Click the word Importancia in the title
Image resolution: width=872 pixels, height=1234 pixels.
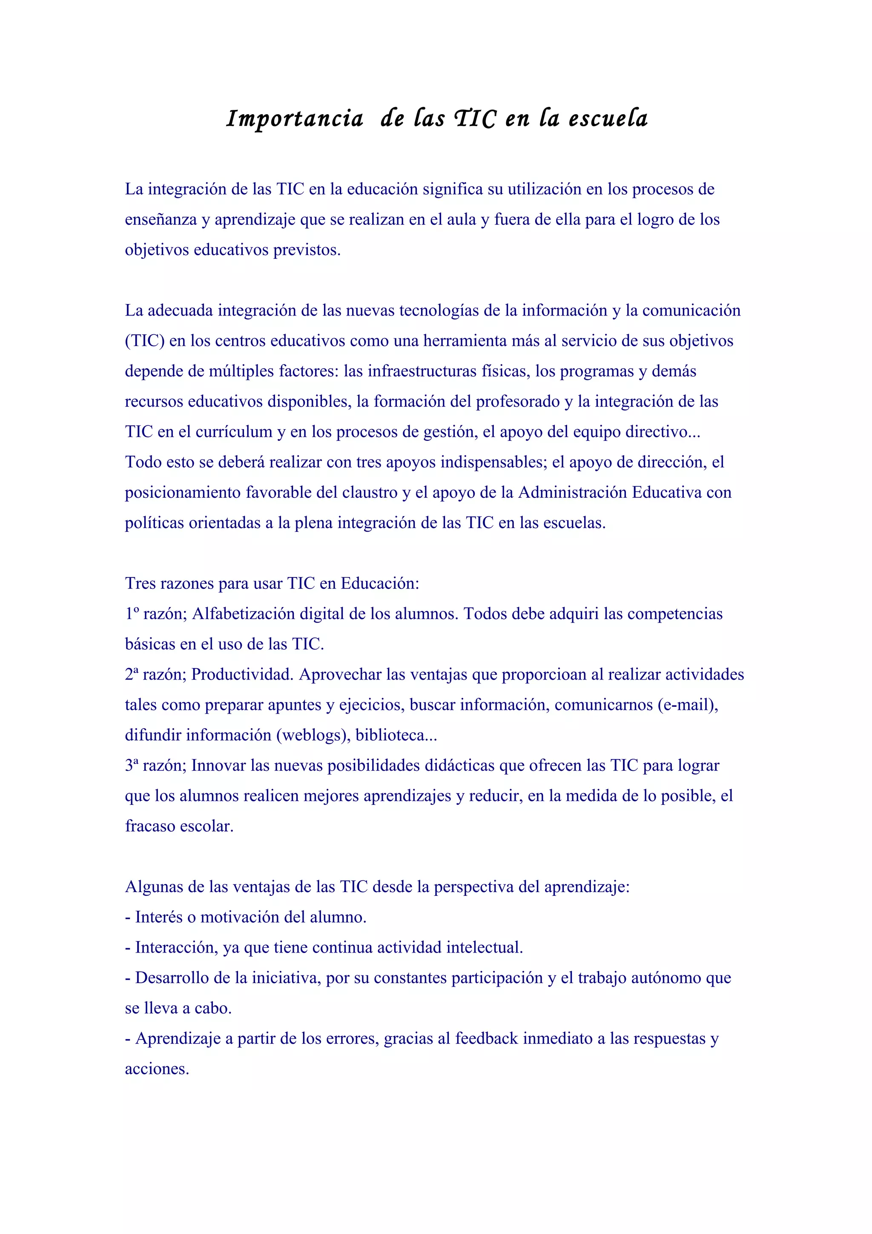click(294, 119)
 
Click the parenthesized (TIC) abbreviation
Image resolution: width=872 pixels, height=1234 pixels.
click(144, 341)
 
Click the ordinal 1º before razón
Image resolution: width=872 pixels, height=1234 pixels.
click(132, 613)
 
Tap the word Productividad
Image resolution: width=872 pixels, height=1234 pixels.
click(242, 674)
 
